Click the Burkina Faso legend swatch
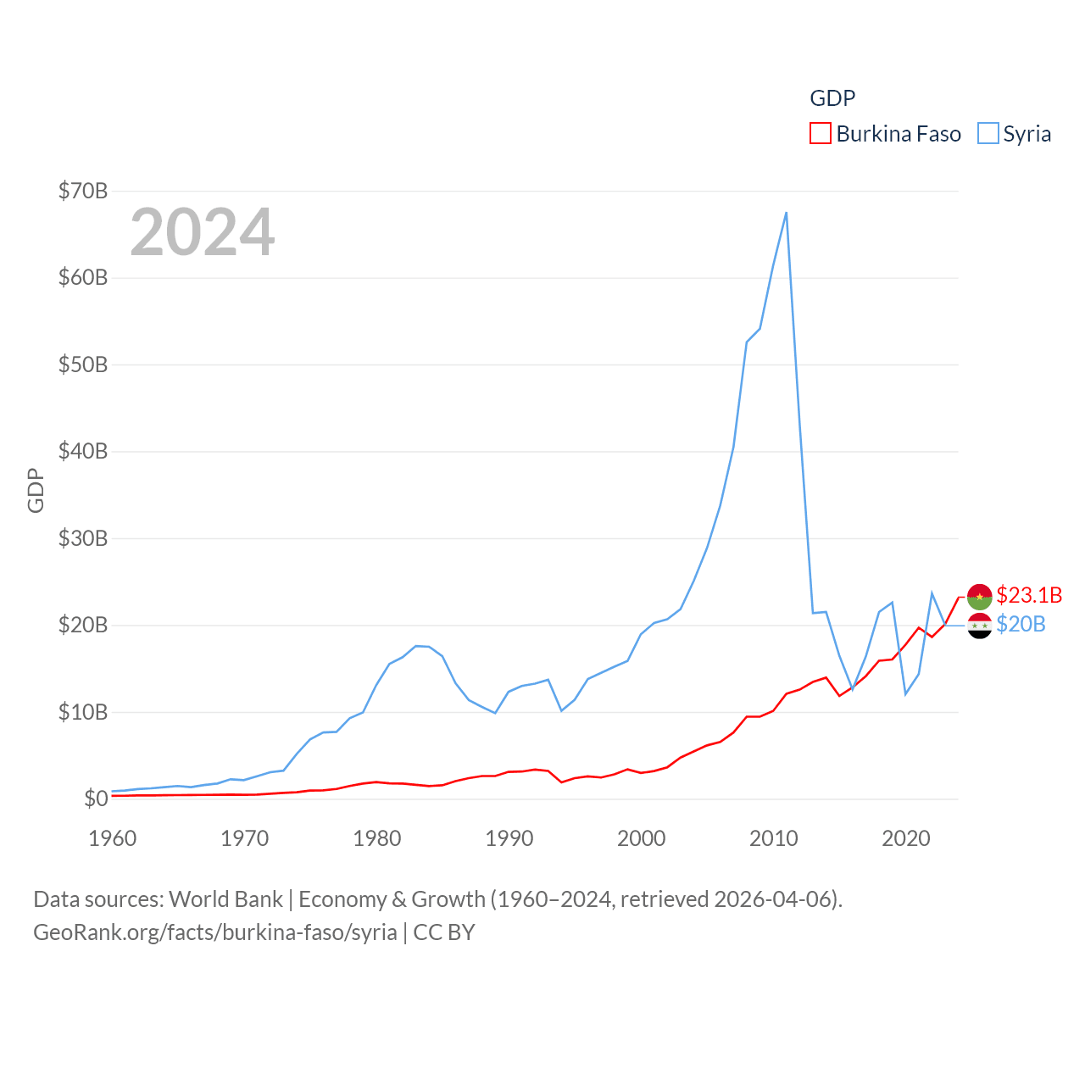pyautogui.click(x=821, y=134)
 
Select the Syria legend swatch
pyautogui.click(x=988, y=134)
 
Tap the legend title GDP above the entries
pyautogui.click(x=832, y=98)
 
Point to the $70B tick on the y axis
pyautogui.click(x=83, y=191)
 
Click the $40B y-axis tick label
pyautogui.click(x=83, y=451)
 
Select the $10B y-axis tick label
pyautogui.click(x=83, y=712)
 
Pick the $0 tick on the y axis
pyautogui.click(x=96, y=798)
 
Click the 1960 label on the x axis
pyautogui.click(x=113, y=838)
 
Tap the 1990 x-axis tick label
pyautogui.click(x=509, y=838)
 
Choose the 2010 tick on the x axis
pyautogui.click(x=774, y=838)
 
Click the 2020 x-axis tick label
pyautogui.click(x=906, y=838)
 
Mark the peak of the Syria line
pyautogui.click(x=786, y=213)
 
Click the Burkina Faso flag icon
pyautogui.click(x=979, y=596)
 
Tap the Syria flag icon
pyautogui.click(x=979, y=626)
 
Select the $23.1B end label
pyautogui.click(x=1029, y=595)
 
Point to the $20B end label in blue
pyautogui.click(x=1021, y=625)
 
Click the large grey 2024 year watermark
pyautogui.click(x=202, y=232)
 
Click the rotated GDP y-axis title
pyautogui.click(x=36, y=490)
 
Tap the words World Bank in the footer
pyautogui.click(x=225, y=899)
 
